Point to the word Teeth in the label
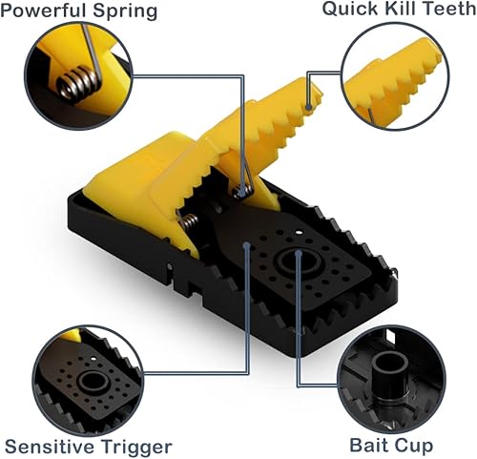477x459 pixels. click(x=446, y=10)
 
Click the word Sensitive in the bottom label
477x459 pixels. click(x=51, y=446)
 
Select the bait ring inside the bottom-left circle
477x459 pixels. click(x=92, y=382)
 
